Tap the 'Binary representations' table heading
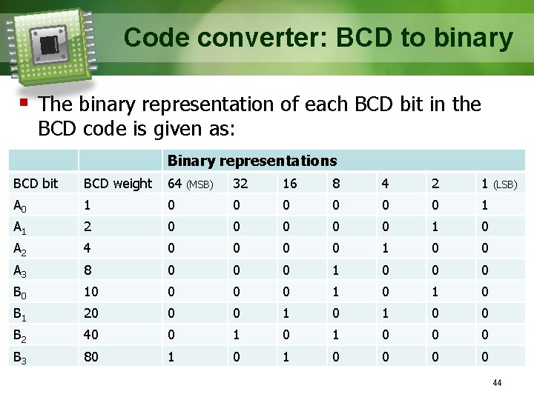252,161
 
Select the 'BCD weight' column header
117,183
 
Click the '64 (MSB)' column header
191,183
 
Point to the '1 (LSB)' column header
498,183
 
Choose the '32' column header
240,183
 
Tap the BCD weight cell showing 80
90,356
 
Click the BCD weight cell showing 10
90,291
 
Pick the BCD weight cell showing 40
90,335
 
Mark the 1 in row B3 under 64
172,356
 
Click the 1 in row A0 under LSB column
484,205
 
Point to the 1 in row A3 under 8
335,270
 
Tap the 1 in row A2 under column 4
386,248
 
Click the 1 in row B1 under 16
286,313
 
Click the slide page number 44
497,383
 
